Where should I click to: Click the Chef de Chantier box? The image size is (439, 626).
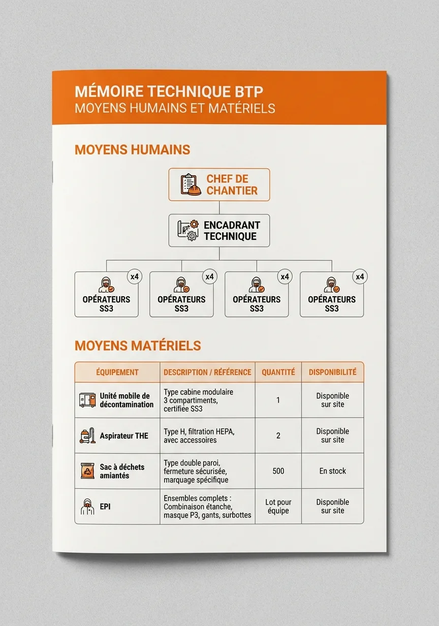pos(219,185)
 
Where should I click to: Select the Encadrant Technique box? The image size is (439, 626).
pos(219,231)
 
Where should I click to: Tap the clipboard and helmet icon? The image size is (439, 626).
pos(191,185)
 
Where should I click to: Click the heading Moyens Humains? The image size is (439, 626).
pos(132,150)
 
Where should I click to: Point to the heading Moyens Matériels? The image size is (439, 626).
pos(138,346)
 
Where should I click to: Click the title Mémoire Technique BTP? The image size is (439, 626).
pos(169,91)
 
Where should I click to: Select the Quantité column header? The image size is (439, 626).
pos(278,372)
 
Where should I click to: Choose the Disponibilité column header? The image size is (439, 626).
pos(332,372)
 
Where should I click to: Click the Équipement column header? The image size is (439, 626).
pos(117,372)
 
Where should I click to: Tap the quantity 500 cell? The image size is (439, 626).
pos(278,471)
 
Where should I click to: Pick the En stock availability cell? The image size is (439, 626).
pos(332,471)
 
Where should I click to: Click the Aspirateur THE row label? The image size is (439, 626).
pos(124,436)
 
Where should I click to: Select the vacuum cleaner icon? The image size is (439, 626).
pos(87,435)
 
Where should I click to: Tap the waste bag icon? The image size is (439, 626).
pos(87,471)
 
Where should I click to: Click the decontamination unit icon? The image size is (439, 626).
pos(87,400)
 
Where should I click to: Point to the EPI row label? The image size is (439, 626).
pos(105,507)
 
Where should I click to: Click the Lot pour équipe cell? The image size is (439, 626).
pos(278,507)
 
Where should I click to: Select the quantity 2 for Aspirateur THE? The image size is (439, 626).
pos(278,435)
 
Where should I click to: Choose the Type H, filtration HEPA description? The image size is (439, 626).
pos(199,435)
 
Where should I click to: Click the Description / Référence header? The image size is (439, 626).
pos(207,372)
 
